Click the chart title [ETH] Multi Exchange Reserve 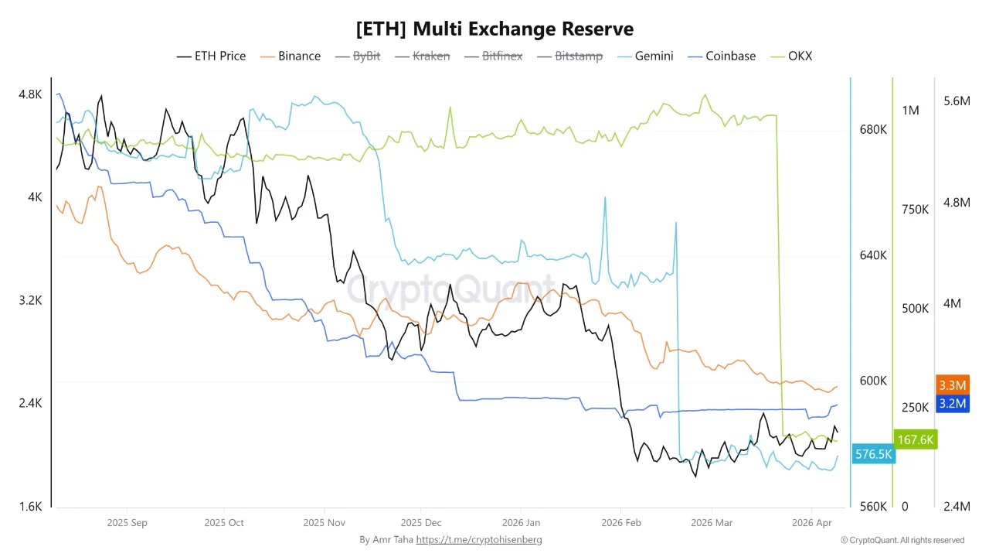click(494, 29)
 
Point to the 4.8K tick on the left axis click(30, 94)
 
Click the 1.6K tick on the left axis click(30, 507)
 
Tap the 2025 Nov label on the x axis click(325, 523)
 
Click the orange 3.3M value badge click(951, 385)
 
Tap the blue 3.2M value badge click(951, 403)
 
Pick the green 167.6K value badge click(916, 439)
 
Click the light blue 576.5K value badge click(873, 454)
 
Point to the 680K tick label click(873, 129)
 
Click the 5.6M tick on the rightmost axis click(956, 101)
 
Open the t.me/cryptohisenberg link click(479, 539)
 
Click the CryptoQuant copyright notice click(902, 540)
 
